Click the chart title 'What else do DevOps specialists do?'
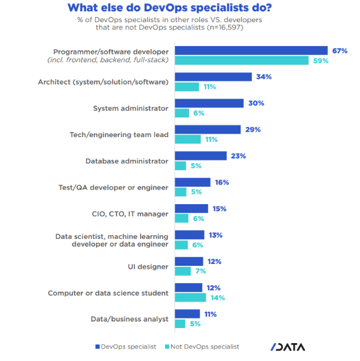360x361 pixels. pyautogui.click(x=180, y=8)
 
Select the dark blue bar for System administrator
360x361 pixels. pyautogui.click(x=209, y=103)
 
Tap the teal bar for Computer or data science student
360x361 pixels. pyautogui.click(x=190, y=298)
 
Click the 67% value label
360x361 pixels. pyautogui.click(x=340, y=51)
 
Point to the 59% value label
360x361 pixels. pyautogui.click(x=321, y=60)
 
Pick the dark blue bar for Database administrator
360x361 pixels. pyautogui.click(x=200, y=156)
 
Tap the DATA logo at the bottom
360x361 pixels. pyautogui.click(x=289, y=347)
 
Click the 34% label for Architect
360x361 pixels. pyautogui.click(x=264, y=77)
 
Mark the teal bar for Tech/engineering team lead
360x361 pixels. pyautogui.click(x=187, y=139)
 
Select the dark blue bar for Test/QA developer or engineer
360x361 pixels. pyautogui.click(x=192, y=182)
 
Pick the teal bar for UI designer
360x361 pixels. pyautogui.click(x=182, y=271)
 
